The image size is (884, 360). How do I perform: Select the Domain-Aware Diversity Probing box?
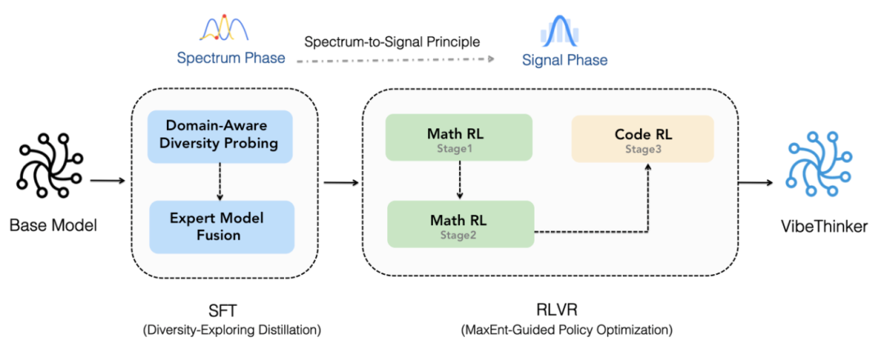219,135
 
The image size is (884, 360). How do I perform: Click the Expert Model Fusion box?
219,226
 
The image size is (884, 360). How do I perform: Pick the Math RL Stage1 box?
459,137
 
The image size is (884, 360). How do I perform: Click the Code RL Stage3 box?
643,137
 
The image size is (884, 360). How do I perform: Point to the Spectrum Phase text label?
231,59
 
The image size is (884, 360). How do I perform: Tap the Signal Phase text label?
565,60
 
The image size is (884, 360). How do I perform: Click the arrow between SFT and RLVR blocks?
341,181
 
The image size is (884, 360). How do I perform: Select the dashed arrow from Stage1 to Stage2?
459,181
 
